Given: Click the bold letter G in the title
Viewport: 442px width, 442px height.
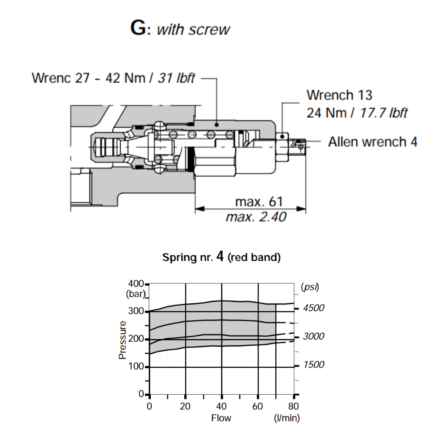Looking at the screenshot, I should pyautogui.click(x=137, y=28).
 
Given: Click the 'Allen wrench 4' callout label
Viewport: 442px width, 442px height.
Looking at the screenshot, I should pyautogui.click(x=373, y=142).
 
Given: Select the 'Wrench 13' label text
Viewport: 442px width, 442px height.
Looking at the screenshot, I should pyautogui.click(x=339, y=95).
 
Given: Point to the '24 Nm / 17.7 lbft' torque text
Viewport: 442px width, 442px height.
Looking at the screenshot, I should pyautogui.click(x=357, y=113).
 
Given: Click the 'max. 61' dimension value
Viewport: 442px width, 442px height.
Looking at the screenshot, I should pyautogui.click(x=259, y=202).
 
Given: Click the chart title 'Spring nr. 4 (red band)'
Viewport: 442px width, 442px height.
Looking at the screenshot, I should pyautogui.click(x=221, y=257).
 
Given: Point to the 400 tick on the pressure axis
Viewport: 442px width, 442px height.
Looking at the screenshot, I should pyautogui.click(x=136, y=284).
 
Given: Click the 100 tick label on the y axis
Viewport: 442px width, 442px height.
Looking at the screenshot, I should pyautogui.click(x=136, y=366).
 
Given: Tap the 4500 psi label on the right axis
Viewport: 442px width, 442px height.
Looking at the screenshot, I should pyautogui.click(x=313, y=308).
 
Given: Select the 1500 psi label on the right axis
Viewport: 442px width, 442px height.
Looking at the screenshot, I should pyautogui.click(x=313, y=365).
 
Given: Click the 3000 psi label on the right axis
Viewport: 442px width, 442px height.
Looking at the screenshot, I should pyautogui.click(x=313, y=336).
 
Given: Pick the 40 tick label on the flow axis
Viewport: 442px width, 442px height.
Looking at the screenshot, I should pyautogui.click(x=221, y=406).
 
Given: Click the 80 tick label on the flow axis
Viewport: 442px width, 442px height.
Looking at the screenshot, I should pyautogui.click(x=294, y=406).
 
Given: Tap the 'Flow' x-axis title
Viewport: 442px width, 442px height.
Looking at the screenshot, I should pyautogui.click(x=221, y=418).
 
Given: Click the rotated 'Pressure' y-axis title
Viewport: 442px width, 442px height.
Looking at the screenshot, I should pyautogui.click(x=123, y=339).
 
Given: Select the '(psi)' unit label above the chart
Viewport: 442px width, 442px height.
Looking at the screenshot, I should pyautogui.click(x=310, y=287).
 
